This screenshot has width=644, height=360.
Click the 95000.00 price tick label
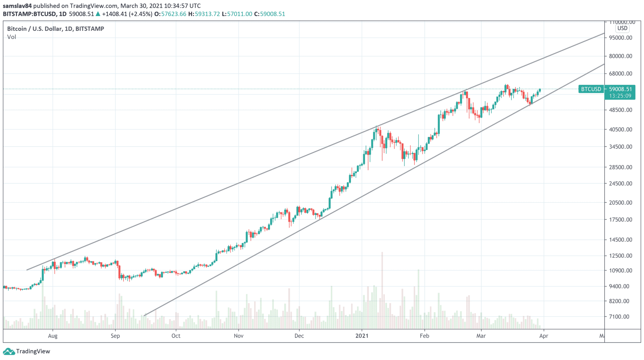pyautogui.click(x=620, y=38)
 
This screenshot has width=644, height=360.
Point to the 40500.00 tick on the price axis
pyautogui.click(x=620, y=129)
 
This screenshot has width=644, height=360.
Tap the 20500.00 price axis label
pyautogui.click(x=620, y=203)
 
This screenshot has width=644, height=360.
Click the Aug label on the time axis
pyautogui.click(x=53, y=336)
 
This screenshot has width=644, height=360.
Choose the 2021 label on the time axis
pyautogui.click(x=362, y=336)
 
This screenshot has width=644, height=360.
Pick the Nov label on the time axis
pyautogui.click(x=239, y=336)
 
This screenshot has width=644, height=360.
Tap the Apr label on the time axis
pyautogui.click(x=544, y=336)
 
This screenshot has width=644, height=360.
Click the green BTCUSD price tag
pyautogui.click(x=591, y=89)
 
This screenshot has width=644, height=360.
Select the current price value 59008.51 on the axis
pyautogui.click(x=620, y=89)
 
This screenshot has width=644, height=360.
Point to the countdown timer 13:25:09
pyautogui.click(x=620, y=96)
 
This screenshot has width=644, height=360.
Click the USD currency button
pyautogui.click(x=622, y=28)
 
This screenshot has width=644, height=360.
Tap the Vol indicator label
pyautogui.click(x=12, y=37)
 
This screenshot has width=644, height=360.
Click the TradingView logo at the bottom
pyautogui.click(x=26, y=351)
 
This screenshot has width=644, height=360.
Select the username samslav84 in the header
pyautogui.click(x=17, y=6)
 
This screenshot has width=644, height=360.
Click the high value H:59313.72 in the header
pyautogui.click(x=204, y=14)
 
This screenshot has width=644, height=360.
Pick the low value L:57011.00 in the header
pyautogui.click(x=237, y=14)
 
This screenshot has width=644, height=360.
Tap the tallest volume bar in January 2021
pyautogui.click(x=382, y=290)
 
